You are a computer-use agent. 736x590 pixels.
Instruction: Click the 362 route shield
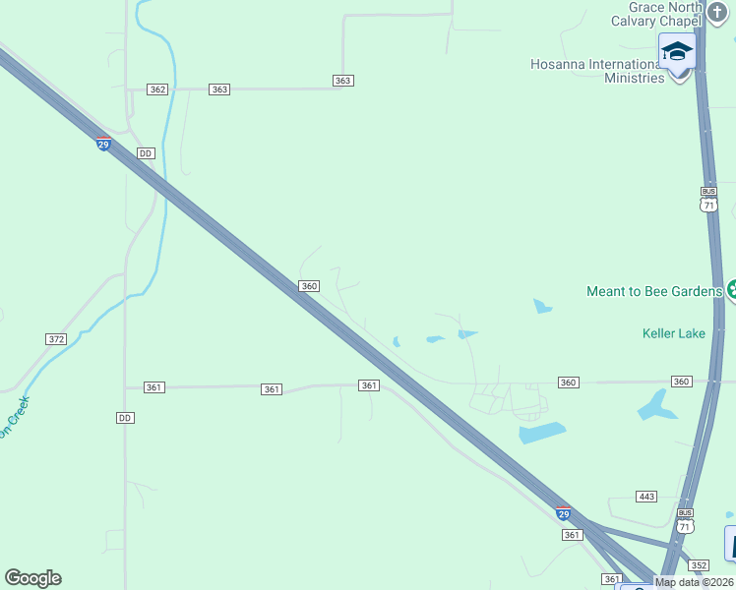click(x=157, y=89)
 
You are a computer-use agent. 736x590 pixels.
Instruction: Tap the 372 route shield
click(x=56, y=339)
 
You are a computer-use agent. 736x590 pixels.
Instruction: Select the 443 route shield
click(x=646, y=497)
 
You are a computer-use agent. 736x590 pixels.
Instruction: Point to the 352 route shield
click(x=699, y=564)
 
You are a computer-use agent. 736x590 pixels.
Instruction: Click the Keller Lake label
click(x=674, y=333)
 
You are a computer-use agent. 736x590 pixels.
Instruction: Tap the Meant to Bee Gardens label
click(x=654, y=291)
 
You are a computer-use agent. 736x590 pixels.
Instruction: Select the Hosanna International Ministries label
click(x=597, y=71)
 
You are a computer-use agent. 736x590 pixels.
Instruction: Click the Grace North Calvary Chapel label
click(x=656, y=14)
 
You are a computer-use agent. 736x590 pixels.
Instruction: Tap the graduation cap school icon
click(x=677, y=50)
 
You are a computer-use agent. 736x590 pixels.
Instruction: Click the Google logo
click(x=32, y=578)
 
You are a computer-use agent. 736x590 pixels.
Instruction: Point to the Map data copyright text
click(x=695, y=582)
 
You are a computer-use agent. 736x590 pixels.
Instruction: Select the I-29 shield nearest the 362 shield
click(x=103, y=144)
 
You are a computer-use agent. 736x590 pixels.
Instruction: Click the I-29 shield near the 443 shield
click(x=563, y=513)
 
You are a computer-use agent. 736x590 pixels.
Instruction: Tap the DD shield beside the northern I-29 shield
click(x=146, y=153)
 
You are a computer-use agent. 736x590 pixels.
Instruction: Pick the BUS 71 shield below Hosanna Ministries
click(x=708, y=199)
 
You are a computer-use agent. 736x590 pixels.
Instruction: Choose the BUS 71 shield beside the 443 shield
click(x=686, y=520)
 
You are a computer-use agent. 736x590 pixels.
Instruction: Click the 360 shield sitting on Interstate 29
click(x=309, y=286)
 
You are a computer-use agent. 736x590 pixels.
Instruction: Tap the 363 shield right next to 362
click(x=219, y=89)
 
